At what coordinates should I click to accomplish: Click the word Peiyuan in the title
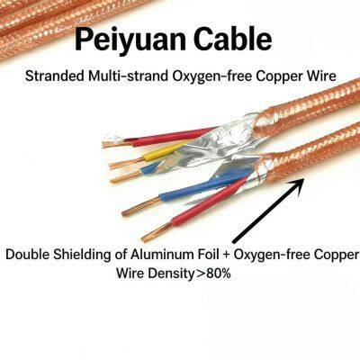coord(123,40)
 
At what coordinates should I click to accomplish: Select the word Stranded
coord(55,76)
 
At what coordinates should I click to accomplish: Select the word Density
coord(170,274)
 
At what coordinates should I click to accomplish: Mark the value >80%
coord(212,274)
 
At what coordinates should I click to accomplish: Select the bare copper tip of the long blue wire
coord(141,206)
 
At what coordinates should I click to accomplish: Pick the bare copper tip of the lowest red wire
coord(157,232)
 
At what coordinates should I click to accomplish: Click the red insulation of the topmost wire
coord(169,137)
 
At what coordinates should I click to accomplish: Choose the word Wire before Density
coord(130,274)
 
